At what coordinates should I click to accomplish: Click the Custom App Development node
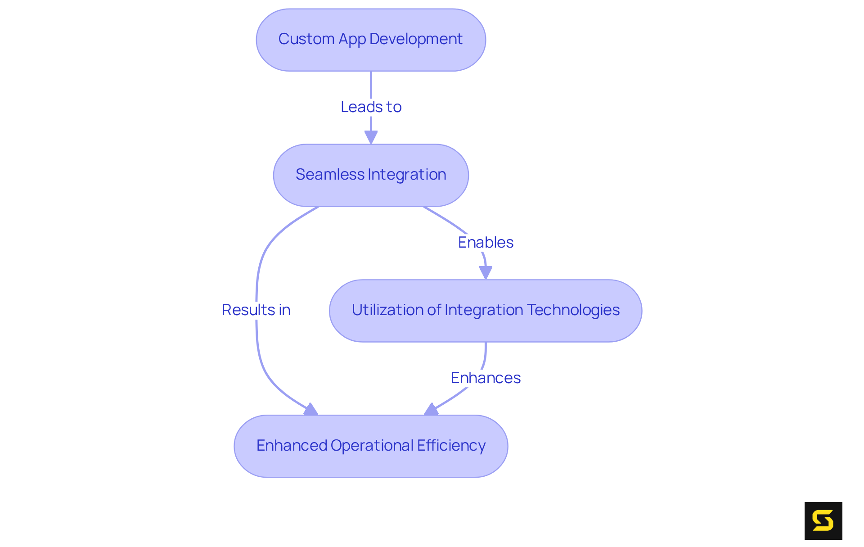pos(371,40)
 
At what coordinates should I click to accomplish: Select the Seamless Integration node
pos(371,175)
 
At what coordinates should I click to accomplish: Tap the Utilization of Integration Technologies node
pos(486,311)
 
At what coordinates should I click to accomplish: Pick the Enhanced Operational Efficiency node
pos(371,446)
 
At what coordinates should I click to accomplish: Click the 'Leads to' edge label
pos(371,107)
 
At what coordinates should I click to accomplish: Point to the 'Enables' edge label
pos(486,243)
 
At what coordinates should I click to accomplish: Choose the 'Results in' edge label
pos(256,310)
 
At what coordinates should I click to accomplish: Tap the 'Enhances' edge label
pos(486,378)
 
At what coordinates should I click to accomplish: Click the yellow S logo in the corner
pos(823,520)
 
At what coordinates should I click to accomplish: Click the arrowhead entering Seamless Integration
pos(371,137)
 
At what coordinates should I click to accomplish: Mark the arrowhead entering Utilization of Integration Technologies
pos(486,272)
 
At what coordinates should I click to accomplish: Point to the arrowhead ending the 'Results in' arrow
pos(311,409)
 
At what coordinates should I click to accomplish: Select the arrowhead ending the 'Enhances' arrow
pos(431,409)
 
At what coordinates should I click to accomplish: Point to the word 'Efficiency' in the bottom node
pos(451,446)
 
